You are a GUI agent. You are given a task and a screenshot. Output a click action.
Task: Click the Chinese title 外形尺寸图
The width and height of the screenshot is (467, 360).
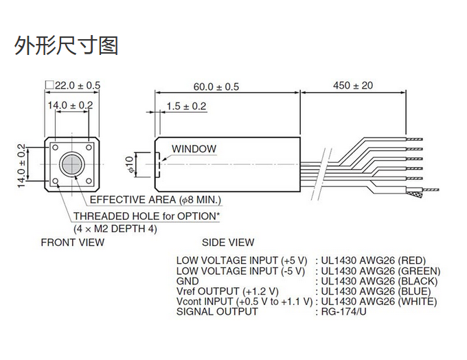pyautogui.click(x=67, y=45)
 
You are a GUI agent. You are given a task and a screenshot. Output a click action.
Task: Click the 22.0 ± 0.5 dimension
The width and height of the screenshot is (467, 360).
pyautogui.click(x=76, y=85)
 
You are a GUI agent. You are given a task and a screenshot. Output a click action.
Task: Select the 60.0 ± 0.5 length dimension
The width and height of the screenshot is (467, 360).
pyautogui.click(x=216, y=87)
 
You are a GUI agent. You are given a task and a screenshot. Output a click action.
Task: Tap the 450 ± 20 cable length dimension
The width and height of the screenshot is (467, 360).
pyautogui.click(x=352, y=86)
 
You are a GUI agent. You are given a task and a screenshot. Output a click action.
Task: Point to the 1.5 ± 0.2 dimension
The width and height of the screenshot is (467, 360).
pyautogui.click(x=185, y=106)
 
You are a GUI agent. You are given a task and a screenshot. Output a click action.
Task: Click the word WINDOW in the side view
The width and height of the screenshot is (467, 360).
pyautogui.click(x=194, y=148)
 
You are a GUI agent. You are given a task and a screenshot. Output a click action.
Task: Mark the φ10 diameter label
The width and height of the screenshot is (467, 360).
pyautogui.click(x=130, y=165)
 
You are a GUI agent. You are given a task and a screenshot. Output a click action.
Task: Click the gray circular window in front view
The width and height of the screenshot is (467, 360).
pyautogui.click(x=71, y=165)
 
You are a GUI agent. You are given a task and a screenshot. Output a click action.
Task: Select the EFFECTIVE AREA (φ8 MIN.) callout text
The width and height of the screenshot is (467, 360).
pyautogui.click(x=156, y=200)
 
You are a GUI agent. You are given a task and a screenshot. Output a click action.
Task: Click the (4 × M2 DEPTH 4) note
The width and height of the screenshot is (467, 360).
pyautogui.click(x=115, y=229)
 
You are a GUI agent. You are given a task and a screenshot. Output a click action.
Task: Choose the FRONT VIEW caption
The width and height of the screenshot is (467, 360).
pyautogui.click(x=73, y=242)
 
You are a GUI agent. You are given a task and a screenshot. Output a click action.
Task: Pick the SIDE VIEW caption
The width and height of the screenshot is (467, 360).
pyautogui.click(x=228, y=242)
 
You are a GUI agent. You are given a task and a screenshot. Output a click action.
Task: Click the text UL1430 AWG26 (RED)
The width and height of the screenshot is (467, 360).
pyautogui.click(x=373, y=260)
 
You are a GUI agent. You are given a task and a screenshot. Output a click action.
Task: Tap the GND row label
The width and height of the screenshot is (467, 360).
pyautogui.click(x=187, y=281)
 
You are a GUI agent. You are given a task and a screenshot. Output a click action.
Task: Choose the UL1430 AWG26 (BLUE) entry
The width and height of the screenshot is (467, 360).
pyautogui.click(x=375, y=291)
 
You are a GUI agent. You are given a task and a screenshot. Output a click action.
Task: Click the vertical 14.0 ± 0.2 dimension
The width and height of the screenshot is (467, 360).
pyautogui.click(x=22, y=166)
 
